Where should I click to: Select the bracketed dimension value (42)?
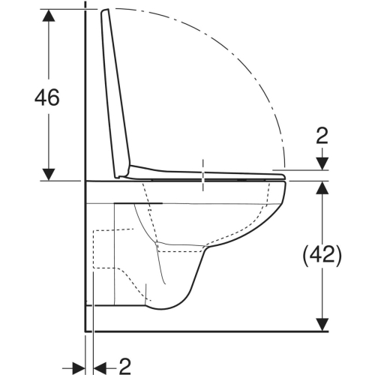click(322, 254)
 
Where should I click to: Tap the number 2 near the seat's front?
click(322, 135)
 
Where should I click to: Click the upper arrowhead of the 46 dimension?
click(49, 16)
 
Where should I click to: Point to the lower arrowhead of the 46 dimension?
click(49, 174)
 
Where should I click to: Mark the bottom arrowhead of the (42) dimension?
click(322, 324)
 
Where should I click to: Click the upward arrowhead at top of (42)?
click(322, 186)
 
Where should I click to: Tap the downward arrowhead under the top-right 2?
click(322, 164)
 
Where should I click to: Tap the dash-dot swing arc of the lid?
click(247, 67)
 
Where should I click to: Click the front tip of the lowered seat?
click(286, 177)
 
